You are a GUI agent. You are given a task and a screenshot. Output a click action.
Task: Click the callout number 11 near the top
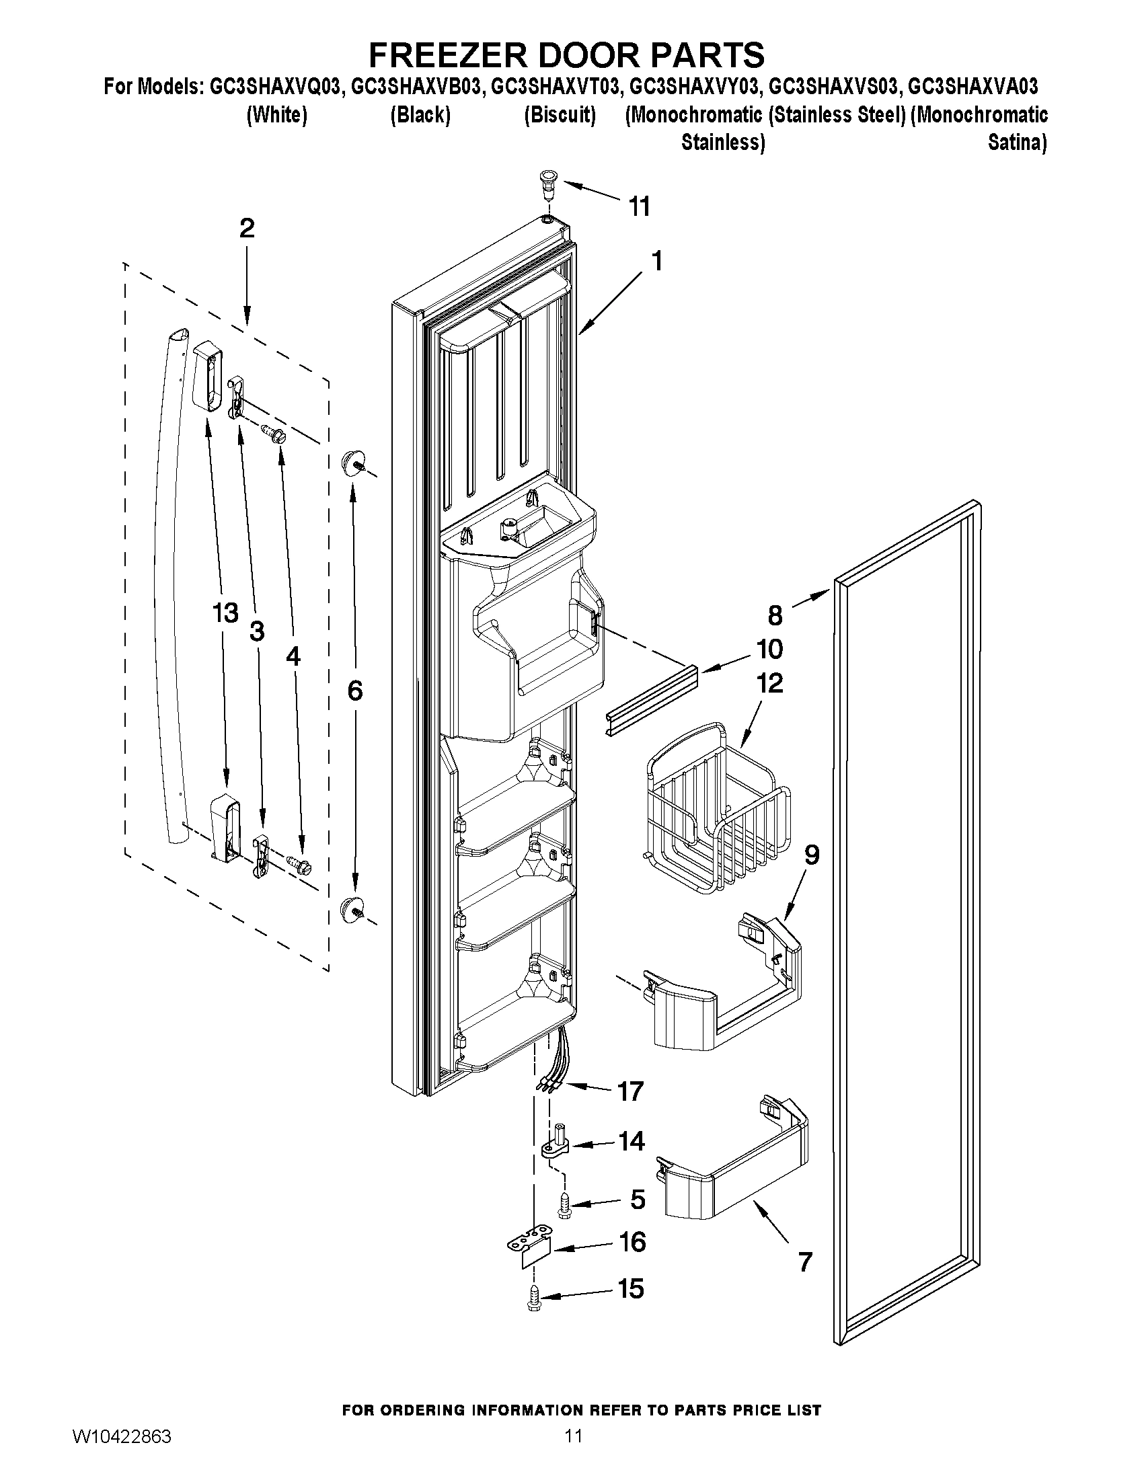coord(639,206)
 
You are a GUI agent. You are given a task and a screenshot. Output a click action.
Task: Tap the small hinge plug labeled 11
coord(545,182)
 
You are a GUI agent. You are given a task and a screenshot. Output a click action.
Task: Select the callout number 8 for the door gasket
coord(775,615)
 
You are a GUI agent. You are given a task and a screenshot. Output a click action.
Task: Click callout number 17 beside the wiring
coord(630,1091)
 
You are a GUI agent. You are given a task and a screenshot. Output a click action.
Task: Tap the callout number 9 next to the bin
coord(811,855)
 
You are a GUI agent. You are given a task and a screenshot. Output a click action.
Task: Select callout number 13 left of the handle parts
coord(225,613)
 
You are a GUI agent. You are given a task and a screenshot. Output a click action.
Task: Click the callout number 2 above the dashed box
coord(247,229)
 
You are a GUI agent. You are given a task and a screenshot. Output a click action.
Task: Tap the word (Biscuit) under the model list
coord(560,115)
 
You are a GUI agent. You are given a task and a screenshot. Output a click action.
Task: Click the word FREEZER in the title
coord(462,55)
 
